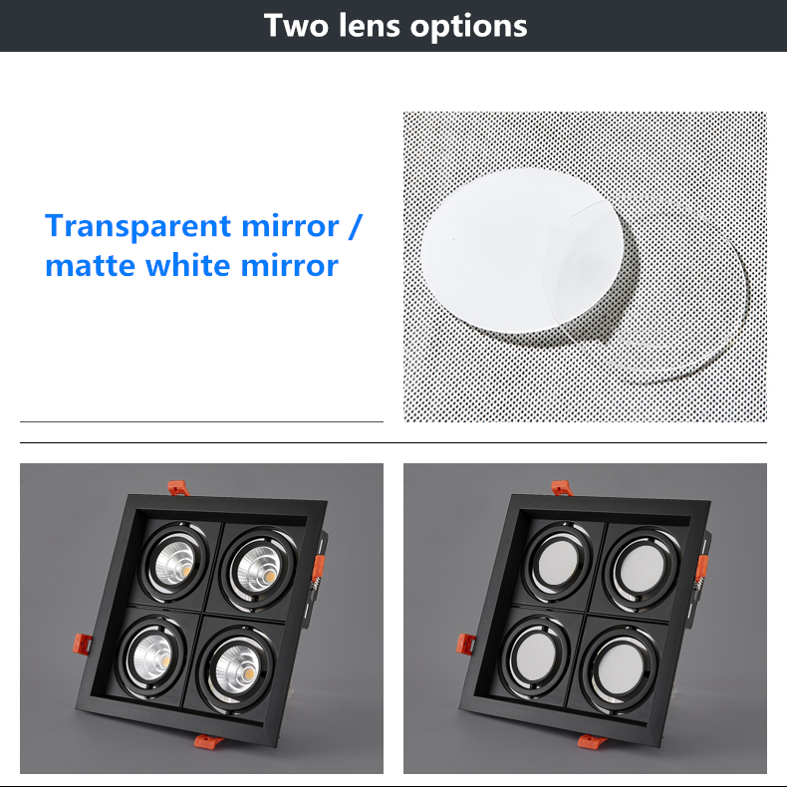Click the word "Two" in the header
coord(296,25)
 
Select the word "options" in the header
coord(469,27)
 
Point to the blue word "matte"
coord(91,265)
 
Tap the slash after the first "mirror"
coord(355,227)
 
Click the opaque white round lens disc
coord(522,250)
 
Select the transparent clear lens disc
coord(667,296)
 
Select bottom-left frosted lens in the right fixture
coord(535,656)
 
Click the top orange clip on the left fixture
coord(178,488)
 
